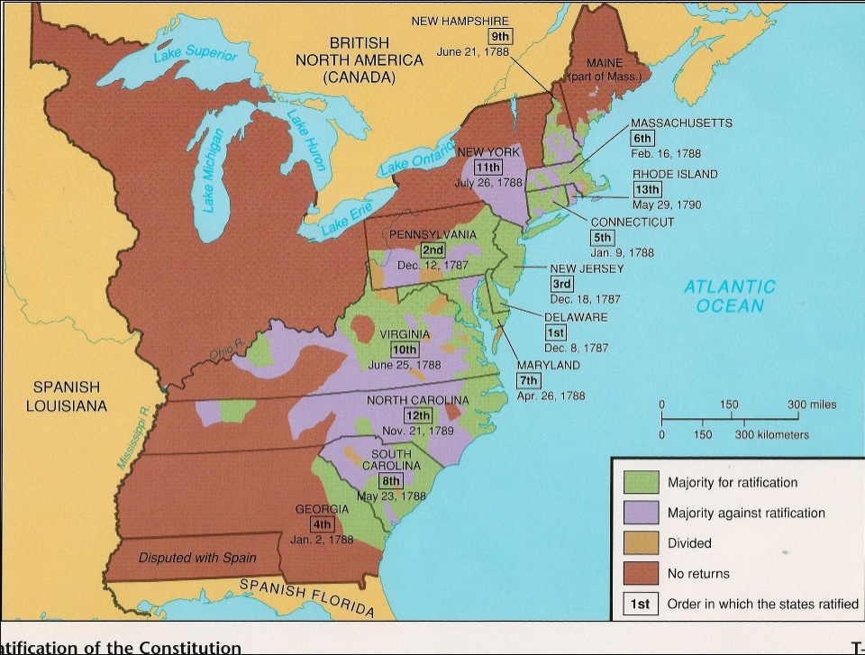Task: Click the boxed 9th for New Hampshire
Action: point(499,37)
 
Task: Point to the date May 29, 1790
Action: point(667,205)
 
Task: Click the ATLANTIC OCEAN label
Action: point(729,296)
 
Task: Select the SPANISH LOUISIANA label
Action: point(67,396)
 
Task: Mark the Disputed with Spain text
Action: point(197,558)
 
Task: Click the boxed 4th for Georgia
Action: point(321,524)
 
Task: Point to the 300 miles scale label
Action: point(811,405)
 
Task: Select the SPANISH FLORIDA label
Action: point(306,598)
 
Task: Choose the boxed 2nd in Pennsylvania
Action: point(433,250)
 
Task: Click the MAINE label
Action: point(605,64)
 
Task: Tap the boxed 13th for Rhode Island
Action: point(648,189)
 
